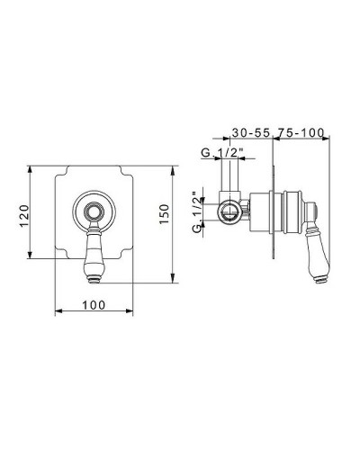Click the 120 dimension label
24,216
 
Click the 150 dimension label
164,213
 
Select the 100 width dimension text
94,305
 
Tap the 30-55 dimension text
252,132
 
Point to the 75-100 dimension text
301,132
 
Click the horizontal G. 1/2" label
221,153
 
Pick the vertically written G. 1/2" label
197,211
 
